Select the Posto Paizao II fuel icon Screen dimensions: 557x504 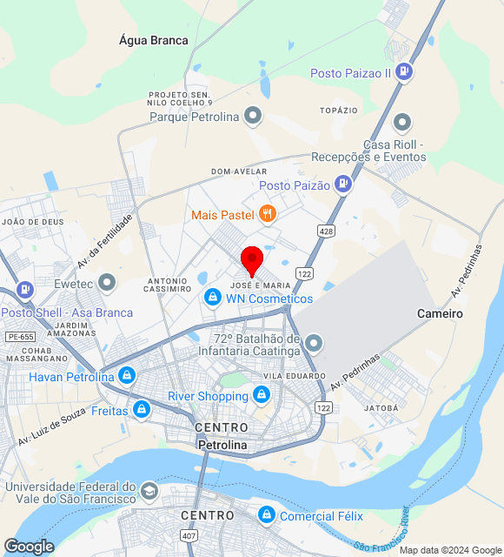[x=403, y=72]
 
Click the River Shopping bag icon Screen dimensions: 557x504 [x=262, y=396]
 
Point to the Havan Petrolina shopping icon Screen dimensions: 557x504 [x=128, y=376]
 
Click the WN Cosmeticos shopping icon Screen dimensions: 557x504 [x=212, y=298]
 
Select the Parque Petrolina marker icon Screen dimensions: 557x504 [x=253, y=115]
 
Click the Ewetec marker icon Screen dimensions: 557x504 [x=108, y=282]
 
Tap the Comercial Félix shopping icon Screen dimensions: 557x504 [x=267, y=516]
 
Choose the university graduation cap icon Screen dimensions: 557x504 [x=149, y=492]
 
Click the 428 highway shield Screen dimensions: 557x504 [x=326, y=231]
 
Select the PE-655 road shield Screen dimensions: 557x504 [x=19, y=336]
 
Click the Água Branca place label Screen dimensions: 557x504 [x=153, y=40]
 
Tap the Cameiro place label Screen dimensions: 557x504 [x=439, y=312]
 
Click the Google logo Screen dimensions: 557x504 [x=29, y=547]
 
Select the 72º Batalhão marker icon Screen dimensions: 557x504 [x=315, y=341]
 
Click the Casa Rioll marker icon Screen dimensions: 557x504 [x=401, y=123]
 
